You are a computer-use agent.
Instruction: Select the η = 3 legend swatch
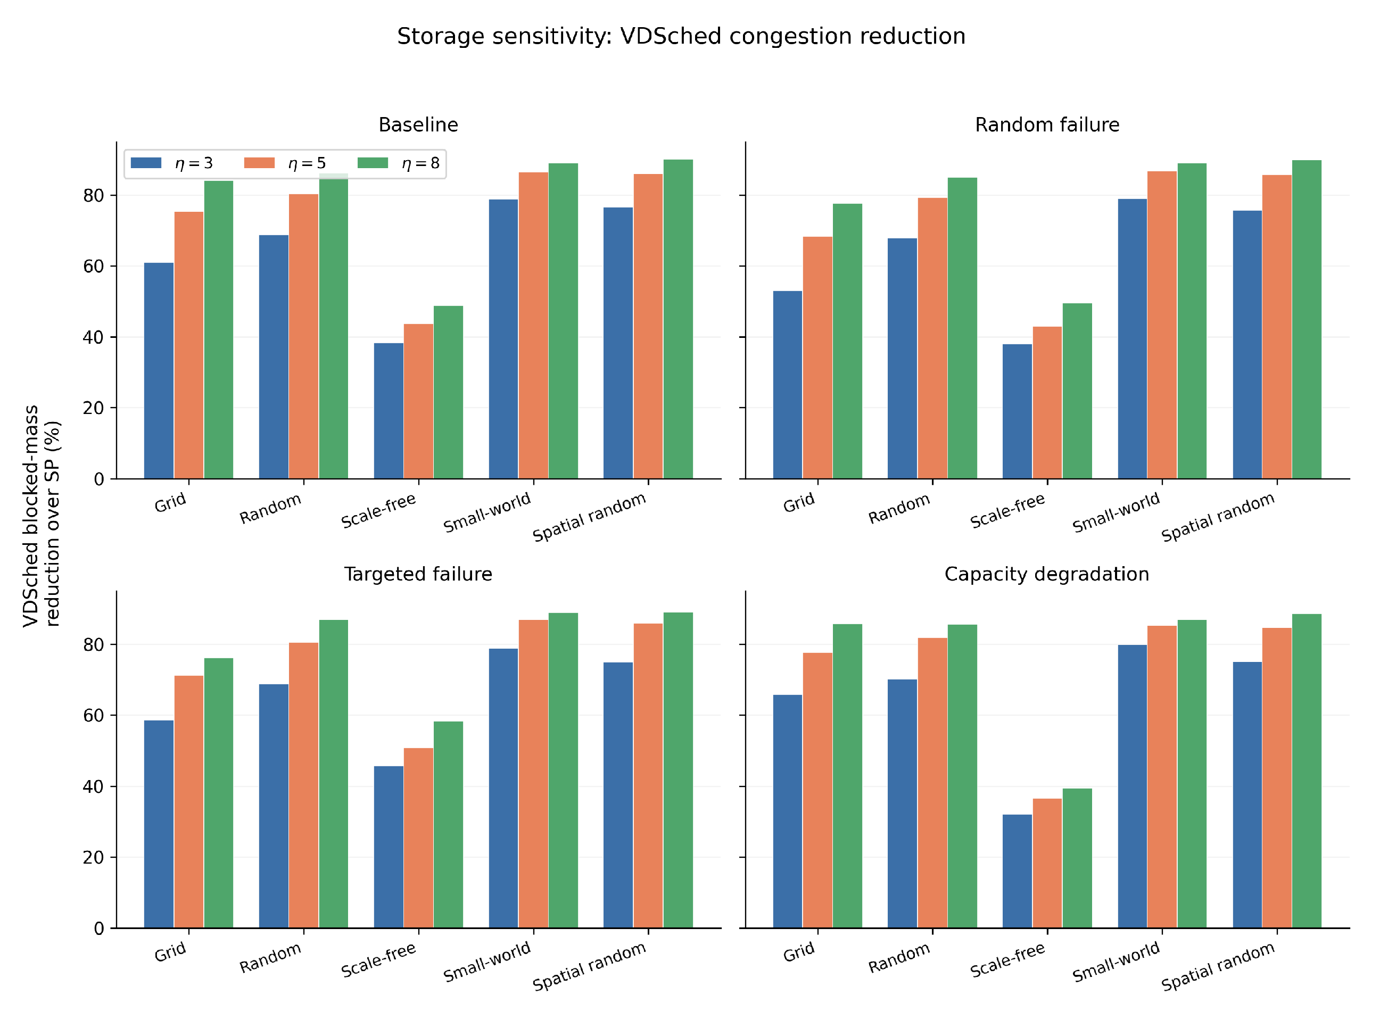[x=146, y=163]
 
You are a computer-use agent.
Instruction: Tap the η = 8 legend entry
[x=399, y=163]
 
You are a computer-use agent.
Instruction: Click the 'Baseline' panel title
[x=418, y=125]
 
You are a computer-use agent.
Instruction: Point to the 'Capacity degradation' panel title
[x=1046, y=574]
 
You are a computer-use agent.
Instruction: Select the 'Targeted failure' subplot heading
[x=418, y=574]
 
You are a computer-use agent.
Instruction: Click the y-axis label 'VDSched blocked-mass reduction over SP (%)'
[x=42, y=516]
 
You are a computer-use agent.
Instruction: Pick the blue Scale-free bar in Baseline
[x=389, y=411]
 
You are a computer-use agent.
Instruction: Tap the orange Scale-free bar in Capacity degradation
[x=1047, y=863]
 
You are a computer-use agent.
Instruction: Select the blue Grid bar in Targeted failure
[x=159, y=824]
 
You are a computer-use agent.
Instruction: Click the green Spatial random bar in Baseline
[x=678, y=319]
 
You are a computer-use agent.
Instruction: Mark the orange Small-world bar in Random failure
[x=1162, y=325]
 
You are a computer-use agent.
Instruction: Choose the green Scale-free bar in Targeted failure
[x=448, y=825]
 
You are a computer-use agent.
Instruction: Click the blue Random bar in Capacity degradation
[x=902, y=803]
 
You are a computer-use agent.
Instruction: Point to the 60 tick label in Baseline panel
[x=93, y=267]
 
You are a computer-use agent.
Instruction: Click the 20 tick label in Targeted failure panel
[x=93, y=857]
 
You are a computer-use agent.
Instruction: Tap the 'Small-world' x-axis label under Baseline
[x=488, y=511]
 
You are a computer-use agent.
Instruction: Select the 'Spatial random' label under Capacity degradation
[x=1218, y=966]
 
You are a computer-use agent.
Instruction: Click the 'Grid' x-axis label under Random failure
[x=799, y=503]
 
